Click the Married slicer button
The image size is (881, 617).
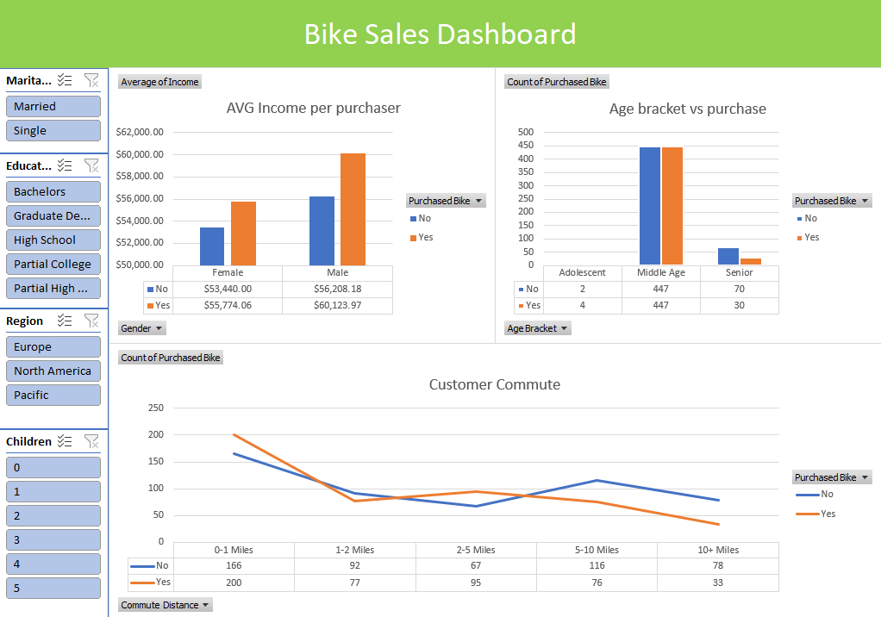pos(53,107)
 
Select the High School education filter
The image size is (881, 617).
pos(53,240)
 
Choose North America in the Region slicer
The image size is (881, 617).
pos(53,371)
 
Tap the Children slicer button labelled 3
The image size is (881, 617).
pos(53,540)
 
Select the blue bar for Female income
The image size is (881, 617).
pos(212,246)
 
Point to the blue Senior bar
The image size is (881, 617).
pos(728,256)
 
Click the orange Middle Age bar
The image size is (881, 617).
pos(672,206)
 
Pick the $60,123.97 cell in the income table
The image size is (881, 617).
pos(338,306)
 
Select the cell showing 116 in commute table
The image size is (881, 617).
pos(597,566)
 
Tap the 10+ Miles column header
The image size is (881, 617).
pos(717,550)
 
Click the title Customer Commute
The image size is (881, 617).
pos(494,384)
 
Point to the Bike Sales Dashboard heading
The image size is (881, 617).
pos(440,34)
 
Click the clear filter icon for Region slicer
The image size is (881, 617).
pos(91,321)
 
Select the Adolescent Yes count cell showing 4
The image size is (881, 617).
pos(582,306)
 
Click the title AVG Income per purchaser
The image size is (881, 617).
pos(313,109)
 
